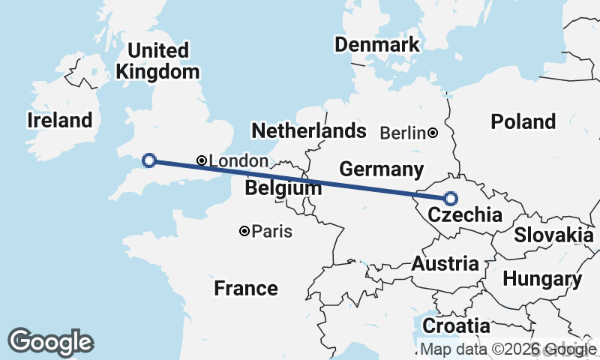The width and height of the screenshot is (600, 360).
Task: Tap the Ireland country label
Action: [x=59, y=120]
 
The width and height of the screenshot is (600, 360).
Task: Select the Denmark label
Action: [x=377, y=44]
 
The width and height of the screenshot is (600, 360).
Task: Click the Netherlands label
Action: [x=308, y=131]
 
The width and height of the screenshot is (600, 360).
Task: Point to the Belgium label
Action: [x=283, y=187]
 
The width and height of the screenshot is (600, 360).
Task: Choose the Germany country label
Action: [x=381, y=169]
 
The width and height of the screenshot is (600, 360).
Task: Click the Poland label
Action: [x=523, y=121]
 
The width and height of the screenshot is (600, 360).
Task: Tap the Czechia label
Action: [x=464, y=216]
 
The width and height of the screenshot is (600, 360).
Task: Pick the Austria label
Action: [x=445, y=264]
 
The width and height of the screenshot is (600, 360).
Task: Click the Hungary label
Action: [x=541, y=280]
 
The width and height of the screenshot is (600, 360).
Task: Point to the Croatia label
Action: [x=456, y=326]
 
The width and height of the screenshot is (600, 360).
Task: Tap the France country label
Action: [x=245, y=288]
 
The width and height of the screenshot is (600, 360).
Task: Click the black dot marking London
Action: [x=201, y=160]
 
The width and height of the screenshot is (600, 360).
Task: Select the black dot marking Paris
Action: [x=244, y=232]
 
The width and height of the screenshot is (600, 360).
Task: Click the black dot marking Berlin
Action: [x=433, y=133]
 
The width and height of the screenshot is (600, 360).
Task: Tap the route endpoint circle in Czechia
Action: [x=451, y=199]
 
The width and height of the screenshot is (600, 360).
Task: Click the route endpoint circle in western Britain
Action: [x=148, y=160]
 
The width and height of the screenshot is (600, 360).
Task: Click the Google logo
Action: [x=51, y=342]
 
